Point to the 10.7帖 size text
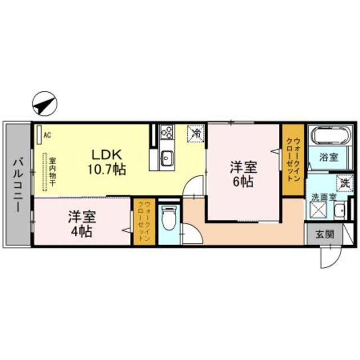coord(106,168)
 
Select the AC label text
coord(47,135)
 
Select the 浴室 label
coord(329,157)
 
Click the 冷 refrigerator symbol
coord(197,133)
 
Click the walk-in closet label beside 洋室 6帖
coord(293,159)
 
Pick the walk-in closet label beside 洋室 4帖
coord(144,221)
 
